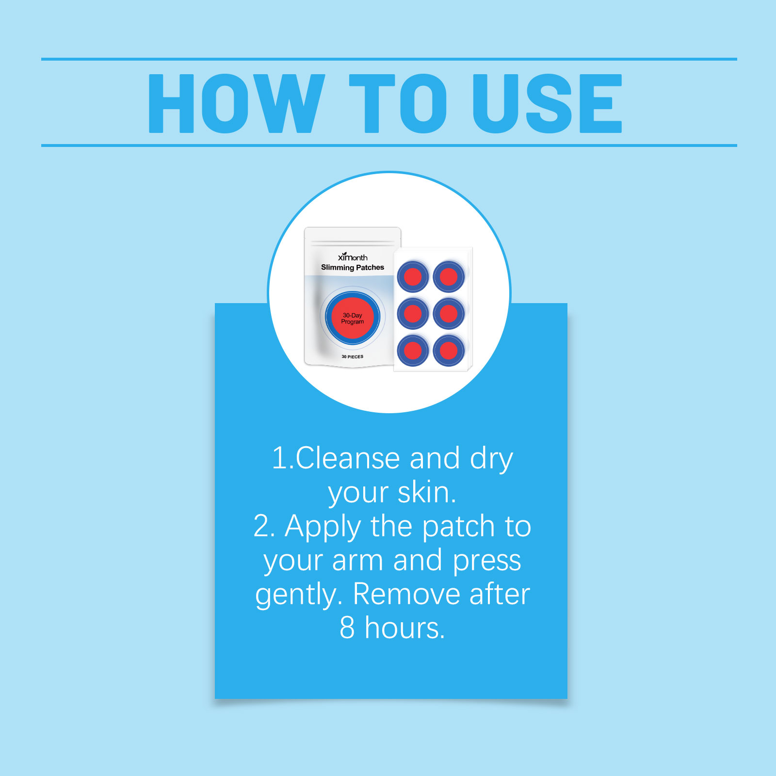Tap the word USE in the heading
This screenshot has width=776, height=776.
pyautogui.click(x=547, y=103)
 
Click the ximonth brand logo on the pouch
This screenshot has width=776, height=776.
pyautogui.click(x=353, y=257)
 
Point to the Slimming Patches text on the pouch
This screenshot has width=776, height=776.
pyautogui.click(x=353, y=267)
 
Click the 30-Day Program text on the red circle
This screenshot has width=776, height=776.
pyautogui.click(x=353, y=318)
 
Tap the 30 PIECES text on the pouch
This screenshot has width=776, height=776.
pyautogui.click(x=353, y=356)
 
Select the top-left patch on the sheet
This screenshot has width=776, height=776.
pyautogui.click(x=413, y=277)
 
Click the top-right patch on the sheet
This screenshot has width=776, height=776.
pyautogui.click(x=449, y=277)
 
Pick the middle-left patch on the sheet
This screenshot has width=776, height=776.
pyautogui.click(x=413, y=314)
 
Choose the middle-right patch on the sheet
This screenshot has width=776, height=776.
pyautogui.click(x=449, y=314)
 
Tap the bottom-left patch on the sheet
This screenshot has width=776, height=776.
pyautogui.click(x=413, y=350)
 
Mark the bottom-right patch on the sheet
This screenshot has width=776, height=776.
pyautogui.click(x=449, y=350)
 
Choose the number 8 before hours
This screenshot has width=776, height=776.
pyautogui.click(x=347, y=628)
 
